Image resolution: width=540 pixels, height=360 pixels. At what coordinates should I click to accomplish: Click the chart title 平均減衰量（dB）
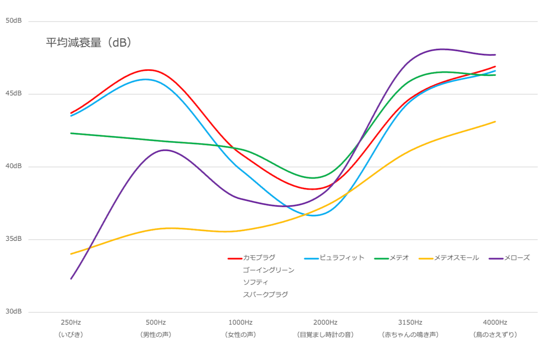click(x=89, y=43)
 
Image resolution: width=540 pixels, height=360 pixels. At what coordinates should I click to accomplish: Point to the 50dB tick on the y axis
click(x=14, y=21)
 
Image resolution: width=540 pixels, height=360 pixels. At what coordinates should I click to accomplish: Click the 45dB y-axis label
click(x=14, y=94)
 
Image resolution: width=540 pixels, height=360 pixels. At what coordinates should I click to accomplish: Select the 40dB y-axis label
click(x=14, y=166)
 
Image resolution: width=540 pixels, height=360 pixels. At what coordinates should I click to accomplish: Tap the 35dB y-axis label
click(x=14, y=239)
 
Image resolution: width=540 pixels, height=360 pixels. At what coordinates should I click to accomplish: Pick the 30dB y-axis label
click(x=14, y=312)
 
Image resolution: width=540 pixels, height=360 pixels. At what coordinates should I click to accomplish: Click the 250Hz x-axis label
click(x=71, y=322)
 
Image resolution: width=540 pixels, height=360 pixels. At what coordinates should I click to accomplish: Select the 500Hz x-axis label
click(x=156, y=322)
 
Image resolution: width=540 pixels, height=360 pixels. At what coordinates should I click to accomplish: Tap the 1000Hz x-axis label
click(x=240, y=322)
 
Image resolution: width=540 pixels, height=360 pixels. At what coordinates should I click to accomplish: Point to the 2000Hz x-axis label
click(x=325, y=322)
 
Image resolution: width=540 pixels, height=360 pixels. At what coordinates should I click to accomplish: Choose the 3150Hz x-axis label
click(x=410, y=322)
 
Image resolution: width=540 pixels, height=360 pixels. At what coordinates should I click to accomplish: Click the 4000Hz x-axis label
click(x=495, y=322)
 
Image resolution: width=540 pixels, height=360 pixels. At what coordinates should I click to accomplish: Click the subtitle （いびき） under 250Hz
click(x=71, y=335)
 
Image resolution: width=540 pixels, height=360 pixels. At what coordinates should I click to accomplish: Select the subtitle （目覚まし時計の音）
click(x=325, y=335)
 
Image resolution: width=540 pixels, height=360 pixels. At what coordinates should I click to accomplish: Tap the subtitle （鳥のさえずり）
click(x=495, y=335)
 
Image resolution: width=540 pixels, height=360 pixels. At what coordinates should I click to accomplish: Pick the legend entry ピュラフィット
click(x=341, y=258)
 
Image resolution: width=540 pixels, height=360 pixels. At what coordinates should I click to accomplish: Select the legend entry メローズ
click(x=517, y=258)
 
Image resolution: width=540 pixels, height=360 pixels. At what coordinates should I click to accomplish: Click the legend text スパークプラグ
click(x=265, y=294)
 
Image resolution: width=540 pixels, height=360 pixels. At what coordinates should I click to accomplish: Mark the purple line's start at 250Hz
click(x=71, y=279)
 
